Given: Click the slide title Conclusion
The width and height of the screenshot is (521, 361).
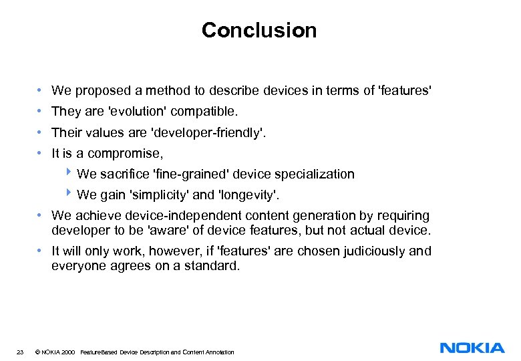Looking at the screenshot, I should click(259, 30).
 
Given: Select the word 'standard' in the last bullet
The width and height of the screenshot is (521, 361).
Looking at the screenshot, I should click(214, 265).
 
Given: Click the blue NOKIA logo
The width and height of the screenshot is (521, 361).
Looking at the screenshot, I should click(472, 348).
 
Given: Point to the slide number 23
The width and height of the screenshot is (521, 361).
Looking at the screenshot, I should click(21, 352).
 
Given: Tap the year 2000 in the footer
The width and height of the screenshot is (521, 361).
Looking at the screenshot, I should click(67, 352).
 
